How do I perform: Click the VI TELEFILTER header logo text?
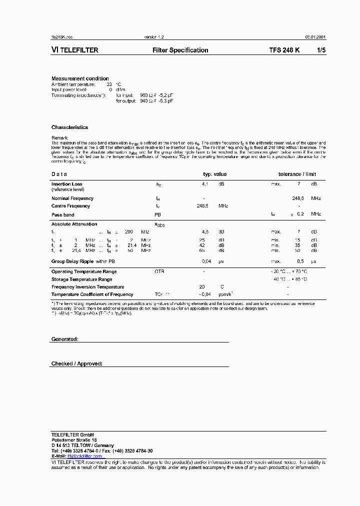click(x=74, y=50)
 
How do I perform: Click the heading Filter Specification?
click(x=180, y=50)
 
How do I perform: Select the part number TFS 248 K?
click(x=284, y=50)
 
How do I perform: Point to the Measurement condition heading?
click(x=80, y=78)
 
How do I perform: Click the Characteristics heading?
click(x=69, y=127)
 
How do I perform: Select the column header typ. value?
click(x=214, y=174)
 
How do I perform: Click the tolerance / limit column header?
click(x=297, y=174)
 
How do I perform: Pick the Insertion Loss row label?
click(x=66, y=184)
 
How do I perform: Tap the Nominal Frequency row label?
click(x=72, y=198)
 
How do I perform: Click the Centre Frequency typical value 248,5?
click(x=202, y=206)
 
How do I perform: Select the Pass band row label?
click(x=63, y=214)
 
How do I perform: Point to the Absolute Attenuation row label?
click(x=74, y=224)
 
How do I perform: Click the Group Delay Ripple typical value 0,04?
click(x=206, y=261)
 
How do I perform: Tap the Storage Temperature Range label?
click(x=81, y=279)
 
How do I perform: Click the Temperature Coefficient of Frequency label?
click(x=92, y=294)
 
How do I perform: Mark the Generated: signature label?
click(x=64, y=339)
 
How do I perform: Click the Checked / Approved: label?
click(x=76, y=363)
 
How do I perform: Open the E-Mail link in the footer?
click(x=84, y=456)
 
